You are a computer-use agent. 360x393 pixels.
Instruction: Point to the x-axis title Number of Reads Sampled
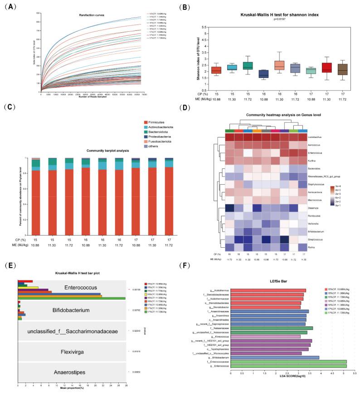coord(92,97)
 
